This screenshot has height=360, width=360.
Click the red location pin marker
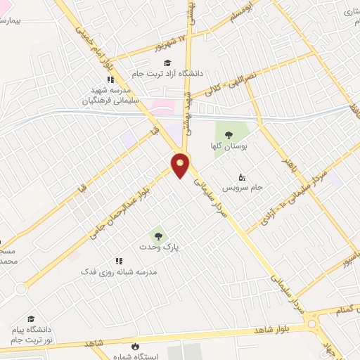pyautogui.click(x=181, y=164)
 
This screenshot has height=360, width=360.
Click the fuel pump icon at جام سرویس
pyautogui.click(x=242, y=176)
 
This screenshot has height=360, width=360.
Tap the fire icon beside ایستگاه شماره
pyautogui.click(x=135, y=346)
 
